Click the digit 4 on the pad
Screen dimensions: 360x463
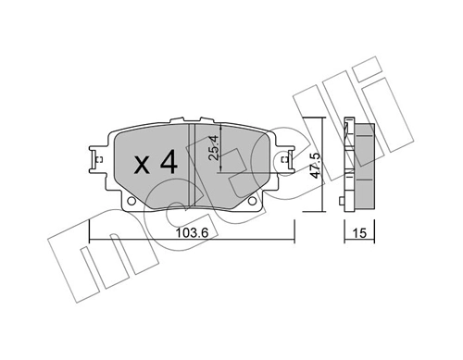coord(167,164)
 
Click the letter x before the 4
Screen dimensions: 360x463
coord(141,166)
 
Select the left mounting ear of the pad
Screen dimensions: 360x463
coord(97,159)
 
